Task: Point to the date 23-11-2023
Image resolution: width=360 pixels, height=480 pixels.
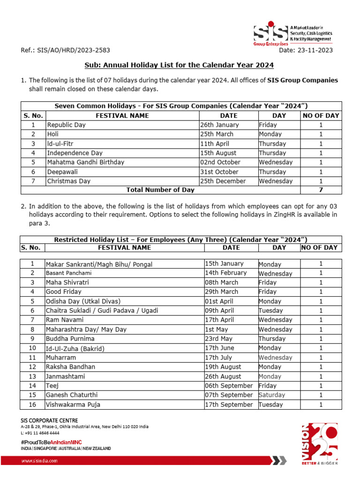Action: (x=306, y=51)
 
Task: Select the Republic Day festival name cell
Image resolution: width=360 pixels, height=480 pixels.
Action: (x=66, y=125)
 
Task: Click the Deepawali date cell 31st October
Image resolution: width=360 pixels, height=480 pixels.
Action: (x=219, y=172)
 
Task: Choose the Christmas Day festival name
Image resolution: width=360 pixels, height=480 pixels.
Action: (x=69, y=181)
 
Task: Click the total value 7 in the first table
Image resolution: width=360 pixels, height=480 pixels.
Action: (x=321, y=190)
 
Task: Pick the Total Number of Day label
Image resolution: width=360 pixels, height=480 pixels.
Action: (x=160, y=190)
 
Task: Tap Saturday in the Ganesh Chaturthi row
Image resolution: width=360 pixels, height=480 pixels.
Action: (x=272, y=395)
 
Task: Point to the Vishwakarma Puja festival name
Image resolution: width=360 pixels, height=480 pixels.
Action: (x=73, y=405)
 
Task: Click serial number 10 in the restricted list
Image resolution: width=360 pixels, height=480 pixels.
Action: (x=32, y=348)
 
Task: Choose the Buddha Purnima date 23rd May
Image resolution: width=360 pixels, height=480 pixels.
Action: (x=217, y=339)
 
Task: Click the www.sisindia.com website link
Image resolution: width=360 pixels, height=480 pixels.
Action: (x=40, y=461)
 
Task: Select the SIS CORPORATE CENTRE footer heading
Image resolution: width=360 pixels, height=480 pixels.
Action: (x=49, y=420)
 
